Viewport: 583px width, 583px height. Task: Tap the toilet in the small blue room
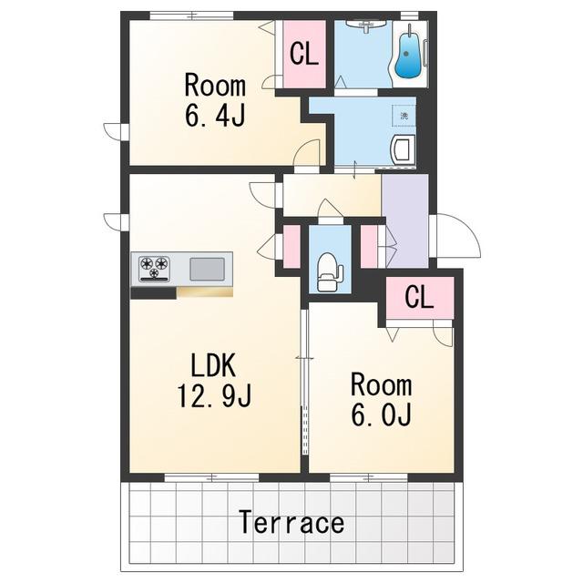[328, 271]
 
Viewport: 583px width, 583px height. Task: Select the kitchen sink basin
[207, 269]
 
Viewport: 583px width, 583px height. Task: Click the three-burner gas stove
[154, 269]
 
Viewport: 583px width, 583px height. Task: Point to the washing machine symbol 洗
[404, 116]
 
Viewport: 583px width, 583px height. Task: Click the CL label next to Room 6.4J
[304, 55]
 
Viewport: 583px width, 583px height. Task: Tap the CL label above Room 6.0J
[419, 297]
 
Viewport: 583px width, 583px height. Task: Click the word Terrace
[291, 522]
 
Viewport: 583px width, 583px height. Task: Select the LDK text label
[213, 366]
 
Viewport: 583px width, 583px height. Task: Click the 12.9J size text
[215, 395]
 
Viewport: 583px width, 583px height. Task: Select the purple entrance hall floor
[405, 220]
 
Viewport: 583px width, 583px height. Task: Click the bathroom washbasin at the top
[366, 26]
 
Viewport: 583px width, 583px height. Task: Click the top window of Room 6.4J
[192, 15]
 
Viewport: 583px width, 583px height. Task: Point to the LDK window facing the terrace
[212, 477]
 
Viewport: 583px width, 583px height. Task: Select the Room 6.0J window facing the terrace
[369, 477]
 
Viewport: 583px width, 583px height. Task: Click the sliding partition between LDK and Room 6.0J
[304, 382]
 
